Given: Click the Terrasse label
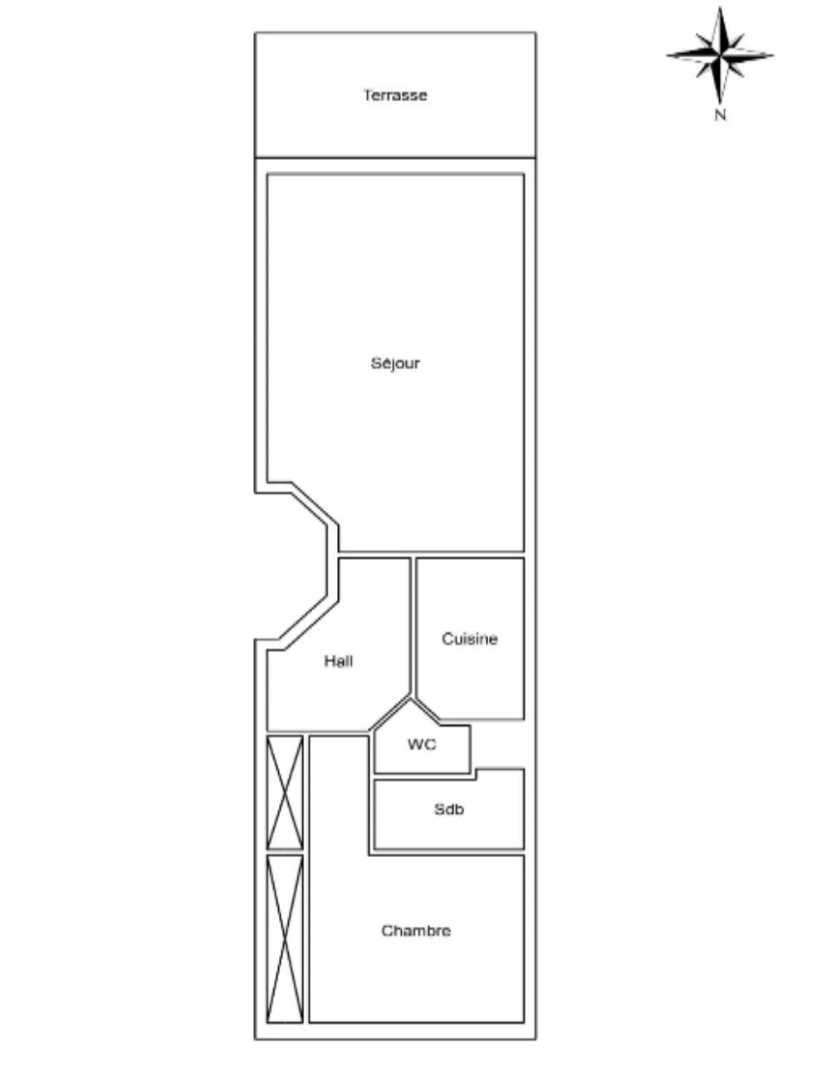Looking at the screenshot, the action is pos(394,95).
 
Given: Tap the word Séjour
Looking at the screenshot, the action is pos(394,363).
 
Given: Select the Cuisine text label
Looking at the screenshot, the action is pos(469,639).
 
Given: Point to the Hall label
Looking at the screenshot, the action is pos(339,661).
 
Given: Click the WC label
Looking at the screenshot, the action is pos(422,744).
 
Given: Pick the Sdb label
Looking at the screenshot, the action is pos(448,810).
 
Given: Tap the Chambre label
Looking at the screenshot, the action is pos(416,931).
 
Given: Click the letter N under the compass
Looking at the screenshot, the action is pos(720,115).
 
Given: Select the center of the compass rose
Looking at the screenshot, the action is pos(721,56).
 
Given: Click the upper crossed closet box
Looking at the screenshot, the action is pos(285,792).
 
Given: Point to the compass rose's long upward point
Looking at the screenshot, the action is pos(721,7).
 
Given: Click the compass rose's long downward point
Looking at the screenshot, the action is pos(721,103).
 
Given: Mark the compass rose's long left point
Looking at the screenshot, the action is pos(667,56).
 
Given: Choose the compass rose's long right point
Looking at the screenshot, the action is pos(773,56).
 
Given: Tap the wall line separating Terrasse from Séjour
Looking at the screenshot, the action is pos(395,158).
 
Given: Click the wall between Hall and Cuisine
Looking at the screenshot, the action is pos(413,626).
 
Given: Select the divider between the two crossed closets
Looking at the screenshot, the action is pos(285,853).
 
